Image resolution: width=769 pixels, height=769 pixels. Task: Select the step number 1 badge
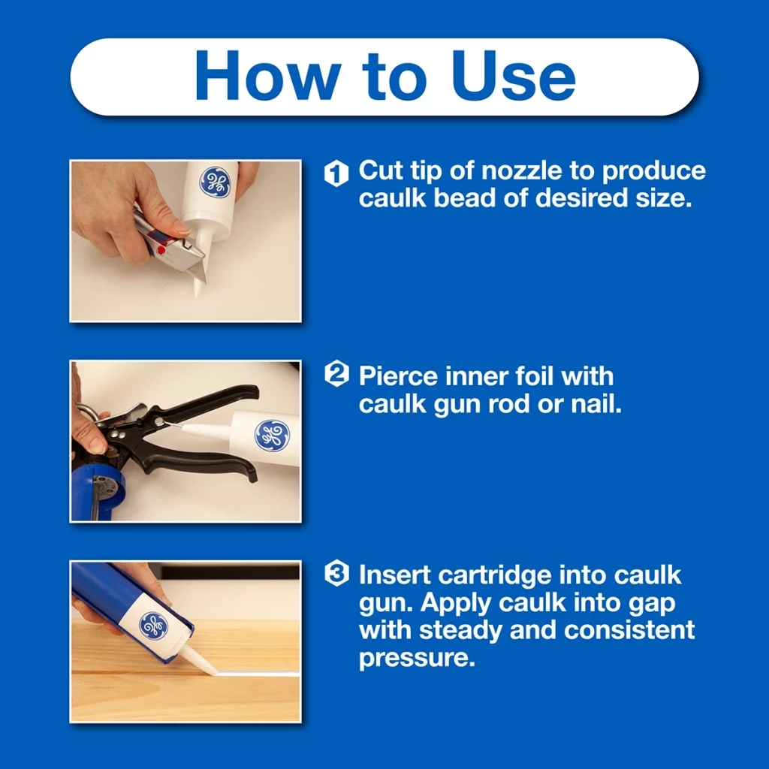336,174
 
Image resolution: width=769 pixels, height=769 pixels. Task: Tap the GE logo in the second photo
271,436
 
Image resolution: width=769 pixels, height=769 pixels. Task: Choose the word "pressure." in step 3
417,659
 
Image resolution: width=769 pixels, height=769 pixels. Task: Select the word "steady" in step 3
460,630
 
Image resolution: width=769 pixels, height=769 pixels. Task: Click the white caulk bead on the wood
255,674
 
